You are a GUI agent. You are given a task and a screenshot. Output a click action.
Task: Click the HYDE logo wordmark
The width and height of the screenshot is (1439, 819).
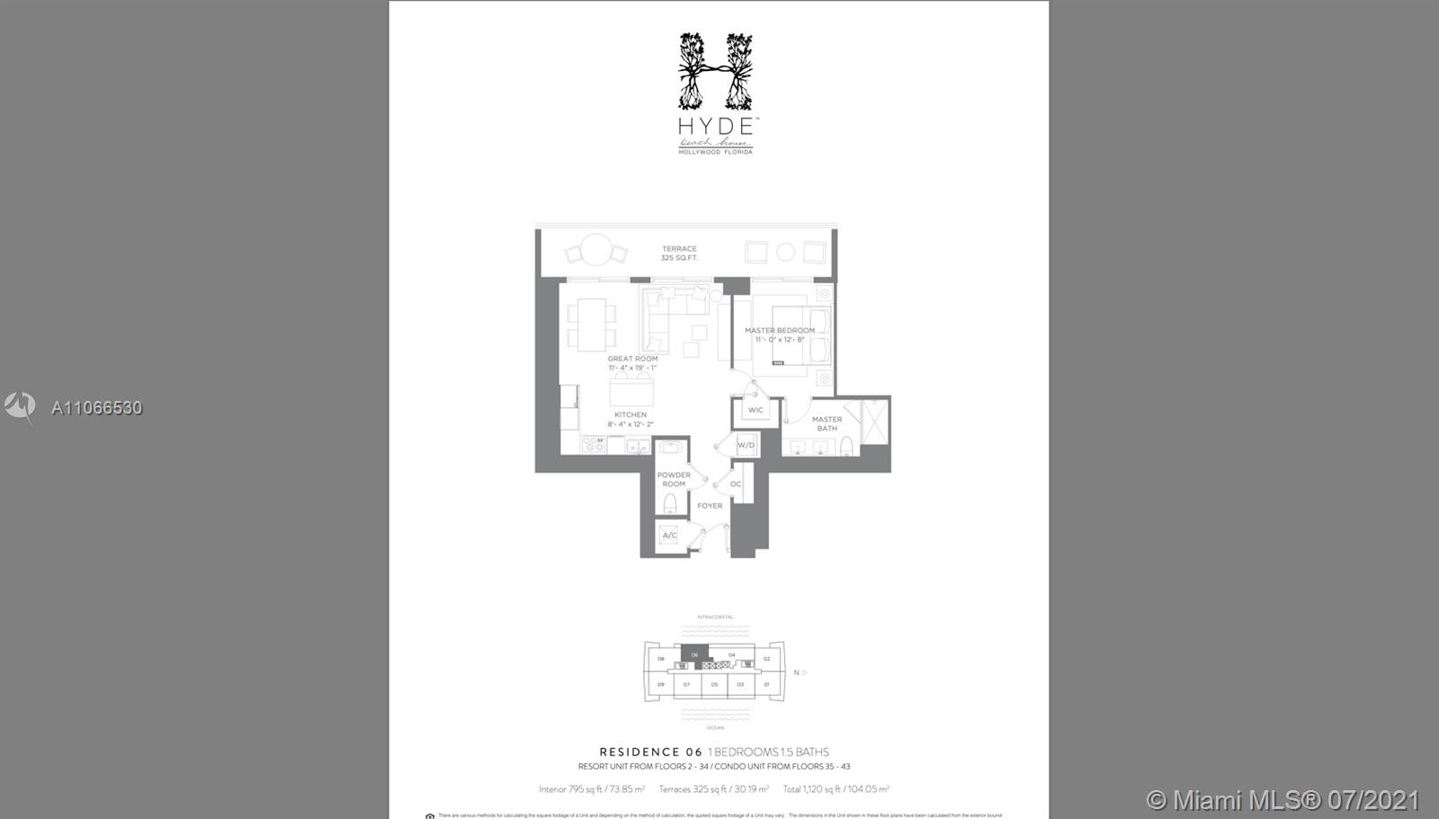716,126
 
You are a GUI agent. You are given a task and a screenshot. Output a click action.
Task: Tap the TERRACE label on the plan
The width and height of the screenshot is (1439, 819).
679,249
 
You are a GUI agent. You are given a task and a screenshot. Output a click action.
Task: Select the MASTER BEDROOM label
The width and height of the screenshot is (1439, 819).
780,331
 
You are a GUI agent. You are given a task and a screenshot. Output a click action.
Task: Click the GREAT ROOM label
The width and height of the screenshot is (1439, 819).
632,359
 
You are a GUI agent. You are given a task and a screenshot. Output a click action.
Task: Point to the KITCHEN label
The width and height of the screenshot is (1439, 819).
630,415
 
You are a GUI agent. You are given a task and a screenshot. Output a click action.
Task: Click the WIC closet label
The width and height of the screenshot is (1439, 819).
755,411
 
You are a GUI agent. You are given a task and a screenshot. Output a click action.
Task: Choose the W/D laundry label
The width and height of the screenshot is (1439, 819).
746,445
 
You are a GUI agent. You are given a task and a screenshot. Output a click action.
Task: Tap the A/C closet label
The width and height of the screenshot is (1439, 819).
669,536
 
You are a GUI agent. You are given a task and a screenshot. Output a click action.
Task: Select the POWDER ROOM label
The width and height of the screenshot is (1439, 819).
674,479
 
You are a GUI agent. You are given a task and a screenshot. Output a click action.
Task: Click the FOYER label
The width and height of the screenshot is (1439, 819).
710,506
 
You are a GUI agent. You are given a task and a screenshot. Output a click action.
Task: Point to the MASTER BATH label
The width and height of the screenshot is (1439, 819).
827,423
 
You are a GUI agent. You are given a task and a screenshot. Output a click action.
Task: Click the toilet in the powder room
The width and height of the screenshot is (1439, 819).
670,503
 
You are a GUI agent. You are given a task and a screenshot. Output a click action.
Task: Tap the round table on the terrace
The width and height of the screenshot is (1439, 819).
595,249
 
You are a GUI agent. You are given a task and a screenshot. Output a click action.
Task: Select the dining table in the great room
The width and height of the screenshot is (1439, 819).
592,325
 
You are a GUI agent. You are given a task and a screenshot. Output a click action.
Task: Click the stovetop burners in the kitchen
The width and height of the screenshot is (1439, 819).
594,443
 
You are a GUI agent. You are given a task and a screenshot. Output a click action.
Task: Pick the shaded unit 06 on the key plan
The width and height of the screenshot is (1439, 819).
693,654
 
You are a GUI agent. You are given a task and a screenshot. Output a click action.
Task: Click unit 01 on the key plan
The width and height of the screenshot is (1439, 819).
766,685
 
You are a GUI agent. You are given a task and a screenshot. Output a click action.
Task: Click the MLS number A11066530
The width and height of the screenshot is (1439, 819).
96,408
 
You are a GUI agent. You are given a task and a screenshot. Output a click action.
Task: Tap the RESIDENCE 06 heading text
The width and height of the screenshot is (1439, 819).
651,752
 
